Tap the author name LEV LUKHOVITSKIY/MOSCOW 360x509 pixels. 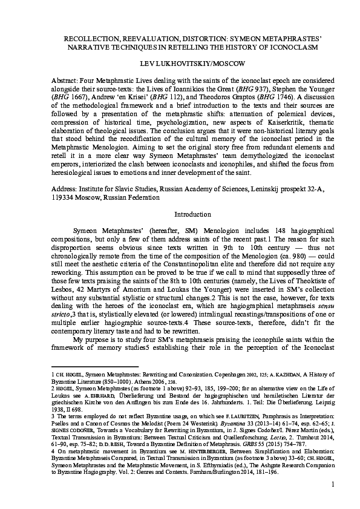point(180,62)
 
